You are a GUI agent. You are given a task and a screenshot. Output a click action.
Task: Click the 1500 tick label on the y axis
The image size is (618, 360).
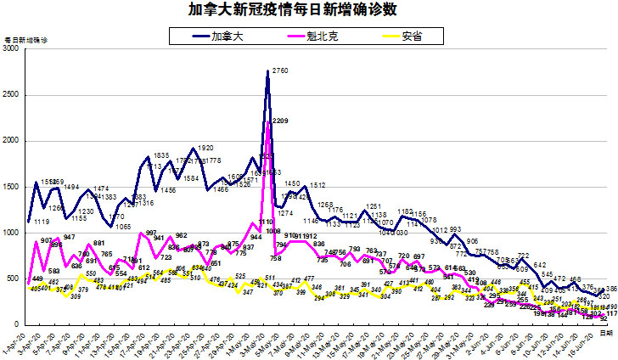pos(11,187)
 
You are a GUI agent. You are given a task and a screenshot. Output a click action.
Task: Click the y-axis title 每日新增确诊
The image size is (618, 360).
pos(26,40)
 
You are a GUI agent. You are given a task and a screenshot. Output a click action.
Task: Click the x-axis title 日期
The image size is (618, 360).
pos(606,334)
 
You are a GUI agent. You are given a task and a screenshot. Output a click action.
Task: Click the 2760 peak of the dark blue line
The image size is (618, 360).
pos(268,72)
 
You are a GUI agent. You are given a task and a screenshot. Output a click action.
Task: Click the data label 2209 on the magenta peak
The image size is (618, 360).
pos(280,121)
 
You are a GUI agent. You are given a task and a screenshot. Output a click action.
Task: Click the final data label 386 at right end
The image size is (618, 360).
pos(610,290)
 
